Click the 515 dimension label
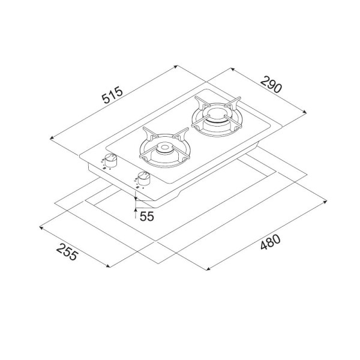pyautogui.click(x=113, y=95)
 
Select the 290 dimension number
pyautogui.click(x=271, y=85)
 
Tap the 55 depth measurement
pyautogui.click(x=147, y=216)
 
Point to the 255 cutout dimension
pyautogui.click(x=67, y=252)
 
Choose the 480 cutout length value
pyautogui.click(x=271, y=242)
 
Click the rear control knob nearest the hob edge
pyautogui.click(x=110, y=160)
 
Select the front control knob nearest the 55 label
pyautogui.click(x=144, y=178)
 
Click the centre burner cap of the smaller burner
pyautogui.click(x=164, y=148)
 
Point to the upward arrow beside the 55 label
pyautogui.click(x=136, y=213)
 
